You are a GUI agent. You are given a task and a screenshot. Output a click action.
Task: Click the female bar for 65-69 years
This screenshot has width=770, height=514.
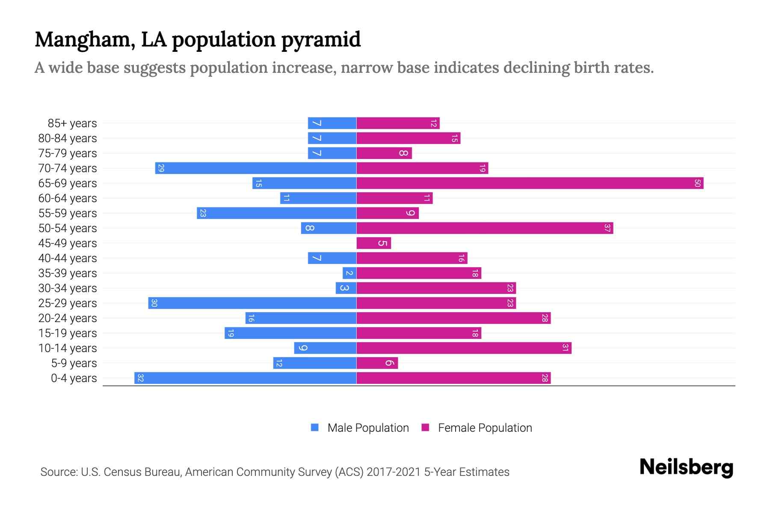tap(530, 183)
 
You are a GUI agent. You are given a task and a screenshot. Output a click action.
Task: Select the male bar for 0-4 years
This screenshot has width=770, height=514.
tap(245, 378)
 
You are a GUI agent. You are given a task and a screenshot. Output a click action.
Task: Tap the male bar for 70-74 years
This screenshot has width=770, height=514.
tap(255, 168)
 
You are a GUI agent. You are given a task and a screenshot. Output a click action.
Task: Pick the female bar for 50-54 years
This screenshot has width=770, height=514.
tap(485, 228)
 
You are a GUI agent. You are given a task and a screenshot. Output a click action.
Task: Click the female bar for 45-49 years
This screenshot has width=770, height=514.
tap(373, 243)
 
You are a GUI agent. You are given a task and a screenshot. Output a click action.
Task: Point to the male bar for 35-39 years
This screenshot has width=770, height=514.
tap(349, 273)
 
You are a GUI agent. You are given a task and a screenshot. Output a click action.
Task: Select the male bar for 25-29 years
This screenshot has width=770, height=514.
tap(252, 303)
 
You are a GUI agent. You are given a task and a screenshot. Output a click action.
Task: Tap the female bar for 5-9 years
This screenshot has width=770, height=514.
tap(377, 363)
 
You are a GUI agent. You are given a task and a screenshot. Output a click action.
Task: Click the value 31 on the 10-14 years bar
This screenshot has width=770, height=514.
tap(565, 348)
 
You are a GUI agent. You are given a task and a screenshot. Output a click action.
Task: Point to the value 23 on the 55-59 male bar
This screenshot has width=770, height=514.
tap(203, 213)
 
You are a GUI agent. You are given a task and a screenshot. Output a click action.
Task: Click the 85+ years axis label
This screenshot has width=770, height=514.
tap(72, 123)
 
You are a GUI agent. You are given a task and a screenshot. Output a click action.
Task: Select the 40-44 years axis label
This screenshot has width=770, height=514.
tap(68, 258)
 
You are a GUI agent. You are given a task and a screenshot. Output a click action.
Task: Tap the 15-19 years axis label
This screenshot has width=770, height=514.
tap(68, 333)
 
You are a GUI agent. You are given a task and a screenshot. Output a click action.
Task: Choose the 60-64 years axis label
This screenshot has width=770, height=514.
tap(68, 198)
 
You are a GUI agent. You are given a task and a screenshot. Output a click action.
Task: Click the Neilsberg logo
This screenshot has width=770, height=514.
tap(686, 467)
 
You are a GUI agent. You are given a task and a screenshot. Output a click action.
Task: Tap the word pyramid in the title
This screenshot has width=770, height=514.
tap(321, 39)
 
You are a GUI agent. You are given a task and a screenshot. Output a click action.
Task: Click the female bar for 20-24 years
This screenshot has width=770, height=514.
tap(453, 318)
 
